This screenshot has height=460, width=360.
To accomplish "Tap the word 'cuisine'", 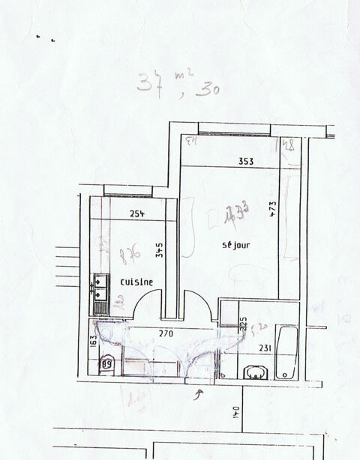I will coord(136,282).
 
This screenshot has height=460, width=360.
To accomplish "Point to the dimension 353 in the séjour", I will coord(246,161).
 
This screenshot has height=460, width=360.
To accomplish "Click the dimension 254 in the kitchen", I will coord(136,214).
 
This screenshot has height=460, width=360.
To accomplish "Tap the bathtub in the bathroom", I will coord(286,352).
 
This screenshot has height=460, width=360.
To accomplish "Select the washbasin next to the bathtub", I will coord(256,371).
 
